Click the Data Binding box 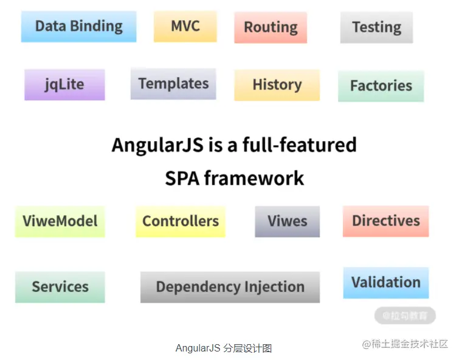[x=78, y=27]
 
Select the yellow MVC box [x=185, y=26]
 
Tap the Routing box [x=271, y=27]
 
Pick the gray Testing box [x=376, y=27]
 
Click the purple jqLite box [x=64, y=84]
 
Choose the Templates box [x=173, y=84]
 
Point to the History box [x=277, y=85]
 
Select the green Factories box [x=381, y=86]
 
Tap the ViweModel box [x=60, y=221]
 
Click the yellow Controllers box [x=180, y=221]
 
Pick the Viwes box [x=287, y=221]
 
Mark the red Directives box [x=385, y=221]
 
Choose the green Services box [x=60, y=286]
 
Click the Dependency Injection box [x=230, y=286]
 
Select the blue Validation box [x=385, y=282]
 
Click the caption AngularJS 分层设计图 [x=223, y=348]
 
